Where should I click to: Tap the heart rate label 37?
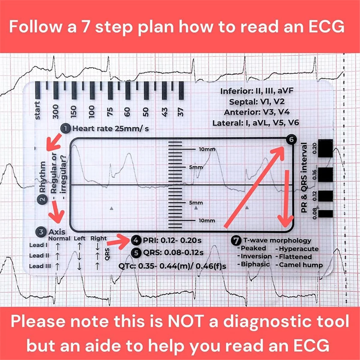click(x=180, y=112)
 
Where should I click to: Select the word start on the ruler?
click(x=37, y=110)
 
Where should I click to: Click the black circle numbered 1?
click(x=65, y=129)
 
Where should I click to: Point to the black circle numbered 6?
click(x=291, y=139)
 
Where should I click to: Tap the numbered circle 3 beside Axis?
click(x=41, y=232)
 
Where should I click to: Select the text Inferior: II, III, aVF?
click(x=257, y=91)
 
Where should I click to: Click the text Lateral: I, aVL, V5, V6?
click(x=256, y=123)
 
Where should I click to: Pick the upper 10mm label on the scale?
click(x=207, y=149)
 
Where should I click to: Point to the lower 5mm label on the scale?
click(x=196, y=203)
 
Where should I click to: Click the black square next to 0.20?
click(x=325, y=148)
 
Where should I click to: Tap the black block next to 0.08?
click(x=325, y=214)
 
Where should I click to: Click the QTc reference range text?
click(x=172, y=266)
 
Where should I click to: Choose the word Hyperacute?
click(x=298, y=249)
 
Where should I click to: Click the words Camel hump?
click(x=301, y=265)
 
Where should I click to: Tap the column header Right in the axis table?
click(x=98, y=238)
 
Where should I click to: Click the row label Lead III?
click(x=40, y=266)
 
